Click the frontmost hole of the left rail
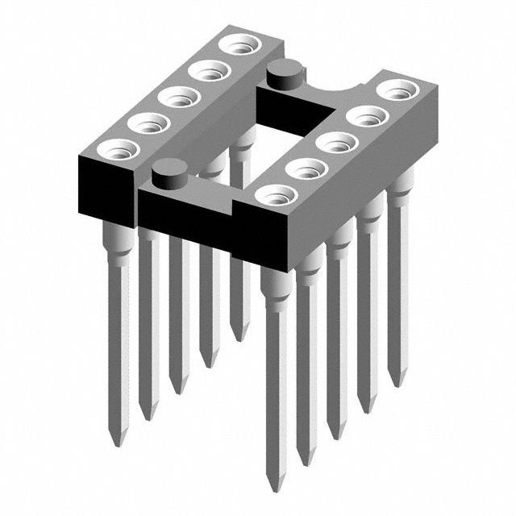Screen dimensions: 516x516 click(x=116, y=149)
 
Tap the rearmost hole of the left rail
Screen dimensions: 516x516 click(x=239, y=44)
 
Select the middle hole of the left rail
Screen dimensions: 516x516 click(x=178, y=97)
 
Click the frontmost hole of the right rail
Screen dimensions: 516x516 click(x=277, y=195)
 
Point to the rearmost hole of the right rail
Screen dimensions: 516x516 click(x=397, y=89)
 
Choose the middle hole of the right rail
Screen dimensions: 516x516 click(x=337, y=143)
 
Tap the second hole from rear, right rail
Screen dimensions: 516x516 click(x=368, y=116)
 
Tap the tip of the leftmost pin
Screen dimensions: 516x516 click(x=119, y=441)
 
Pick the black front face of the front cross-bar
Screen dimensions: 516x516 click(x=185, y=211)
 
